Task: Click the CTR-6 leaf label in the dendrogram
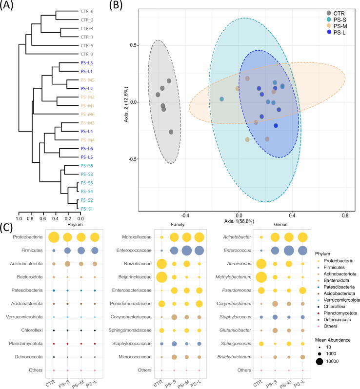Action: [87, 11]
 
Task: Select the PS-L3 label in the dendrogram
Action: [88, 63]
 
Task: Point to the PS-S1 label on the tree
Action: [88, 209]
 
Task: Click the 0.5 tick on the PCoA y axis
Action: [130, 45]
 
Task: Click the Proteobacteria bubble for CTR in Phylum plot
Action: [54, 237]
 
